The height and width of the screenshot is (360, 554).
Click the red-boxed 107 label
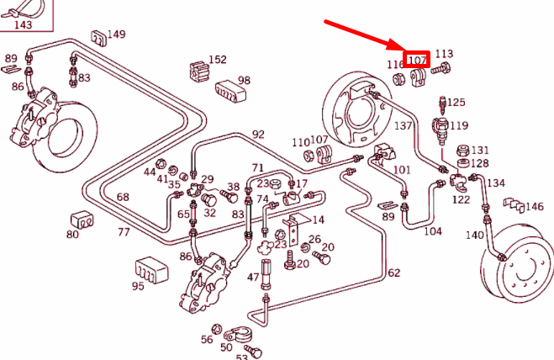click(417, 60)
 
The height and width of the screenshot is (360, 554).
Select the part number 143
click(24, 24)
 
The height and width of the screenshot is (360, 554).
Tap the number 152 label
click(218, 60)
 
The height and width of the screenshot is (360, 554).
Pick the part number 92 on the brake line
click(258, 134)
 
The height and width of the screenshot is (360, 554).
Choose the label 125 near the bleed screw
click(456, 103)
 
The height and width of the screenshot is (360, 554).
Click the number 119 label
click(459, 125)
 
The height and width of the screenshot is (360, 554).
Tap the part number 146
click(535, 206)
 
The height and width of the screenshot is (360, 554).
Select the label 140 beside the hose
click(475, 236)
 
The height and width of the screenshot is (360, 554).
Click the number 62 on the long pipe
click(393, 273)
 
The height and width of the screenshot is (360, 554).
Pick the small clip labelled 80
click(82, 219)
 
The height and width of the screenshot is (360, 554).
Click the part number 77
click(124, 231)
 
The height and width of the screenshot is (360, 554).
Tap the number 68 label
click(123, 197)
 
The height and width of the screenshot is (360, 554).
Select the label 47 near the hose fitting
click(253, 277)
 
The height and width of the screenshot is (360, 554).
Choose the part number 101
click(402, 170)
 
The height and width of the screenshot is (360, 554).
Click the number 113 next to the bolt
click(444, 54)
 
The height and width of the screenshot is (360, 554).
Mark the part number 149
click(116, 34)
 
